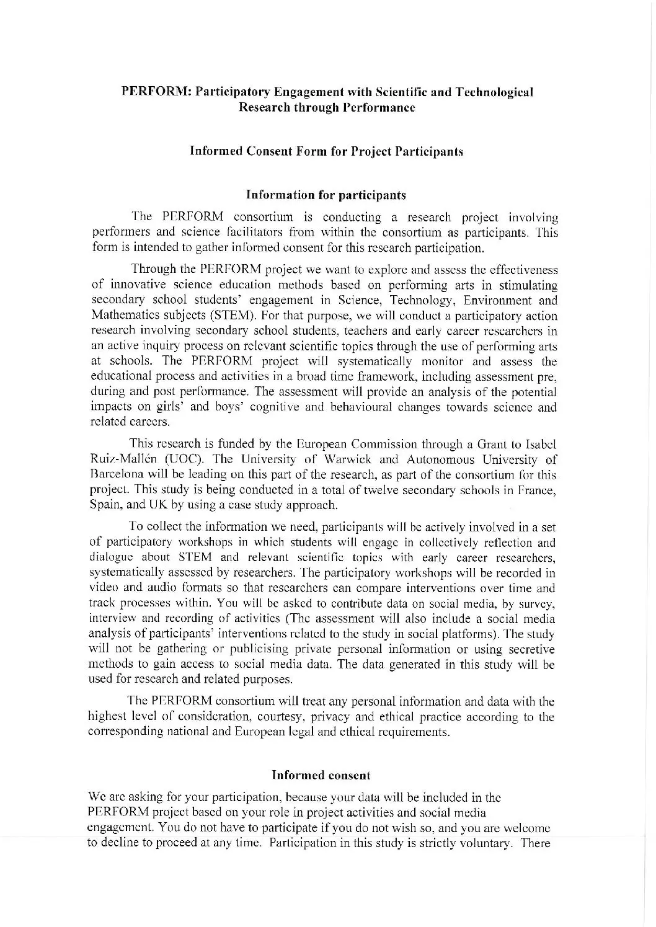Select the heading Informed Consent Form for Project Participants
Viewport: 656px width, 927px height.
pyautogui.click(x=327, y=151)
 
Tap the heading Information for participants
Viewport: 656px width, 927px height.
pyautogui.click(x=326, y=195)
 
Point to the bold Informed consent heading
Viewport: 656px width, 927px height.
pyautogui.click(x=321, y=775)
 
